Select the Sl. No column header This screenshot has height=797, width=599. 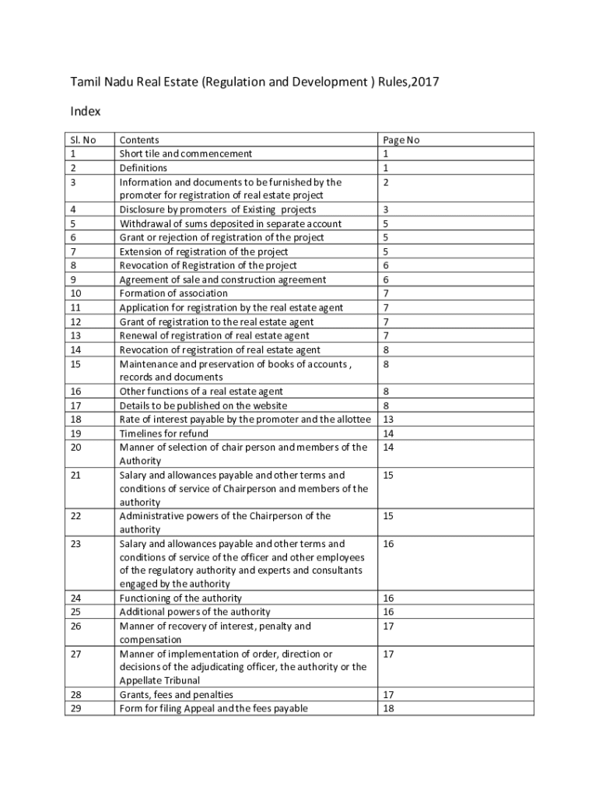point(81,140)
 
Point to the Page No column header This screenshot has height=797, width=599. point(401,140)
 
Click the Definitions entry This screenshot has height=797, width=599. point(143,168)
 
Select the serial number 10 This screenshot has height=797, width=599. point(75,293)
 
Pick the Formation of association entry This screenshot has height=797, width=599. point(173,293)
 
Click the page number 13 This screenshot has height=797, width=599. point(388,420)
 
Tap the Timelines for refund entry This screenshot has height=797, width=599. point(163,434)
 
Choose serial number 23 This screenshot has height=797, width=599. point(75,544)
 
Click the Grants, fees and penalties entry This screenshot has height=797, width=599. point(176,694)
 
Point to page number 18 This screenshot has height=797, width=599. point(388,708)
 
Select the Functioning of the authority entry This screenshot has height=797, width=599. point(180,599)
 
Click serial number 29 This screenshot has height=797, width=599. point(75,708)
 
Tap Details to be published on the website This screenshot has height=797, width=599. point(203,406)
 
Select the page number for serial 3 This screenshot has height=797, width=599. point(385,182)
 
